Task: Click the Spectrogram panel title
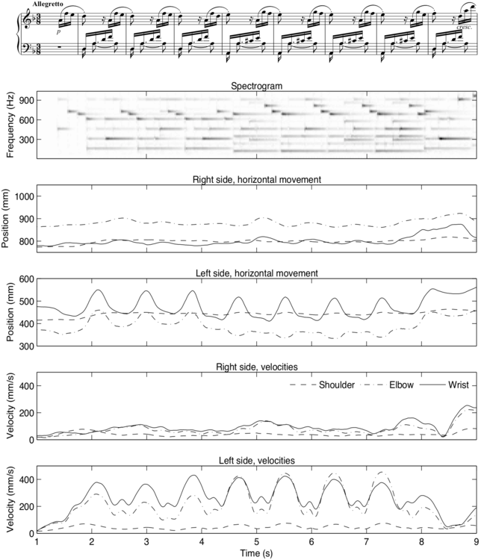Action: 256,86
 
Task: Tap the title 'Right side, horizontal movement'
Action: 256,180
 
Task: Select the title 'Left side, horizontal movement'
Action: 256,274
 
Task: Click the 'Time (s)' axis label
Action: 256,554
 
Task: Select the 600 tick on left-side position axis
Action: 26,279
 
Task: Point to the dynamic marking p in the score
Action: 59,32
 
